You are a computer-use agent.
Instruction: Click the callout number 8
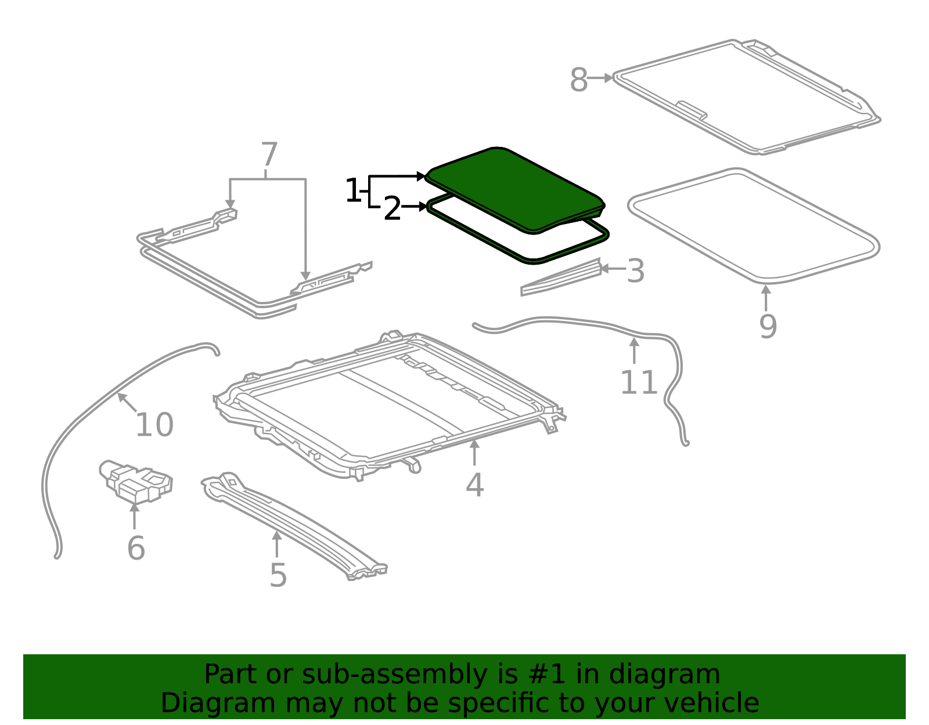tap(579, 80)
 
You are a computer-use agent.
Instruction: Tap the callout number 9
tap(768, 326)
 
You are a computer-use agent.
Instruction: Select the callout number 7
tap(269, 154)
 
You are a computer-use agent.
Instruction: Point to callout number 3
tap(636, 271)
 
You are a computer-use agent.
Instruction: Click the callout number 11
tap(639, 383)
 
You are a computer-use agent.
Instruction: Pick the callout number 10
tap(154, 425)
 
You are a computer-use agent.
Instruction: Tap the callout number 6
tap(136, 548)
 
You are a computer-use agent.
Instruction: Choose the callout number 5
tap(278, 575)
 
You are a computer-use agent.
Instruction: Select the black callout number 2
tap(393, 208)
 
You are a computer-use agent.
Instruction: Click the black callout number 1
tap(353, 190)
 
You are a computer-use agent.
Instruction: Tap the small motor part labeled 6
tap(136, 481)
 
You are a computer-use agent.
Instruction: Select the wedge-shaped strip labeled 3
tap(561, 277)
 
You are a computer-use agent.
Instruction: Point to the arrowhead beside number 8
tap(609, 78)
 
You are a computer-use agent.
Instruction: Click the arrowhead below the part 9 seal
tap(766, 290)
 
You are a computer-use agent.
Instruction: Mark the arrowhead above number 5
tap(277, 535)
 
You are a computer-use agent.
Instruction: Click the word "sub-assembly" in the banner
tap(395, 674)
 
